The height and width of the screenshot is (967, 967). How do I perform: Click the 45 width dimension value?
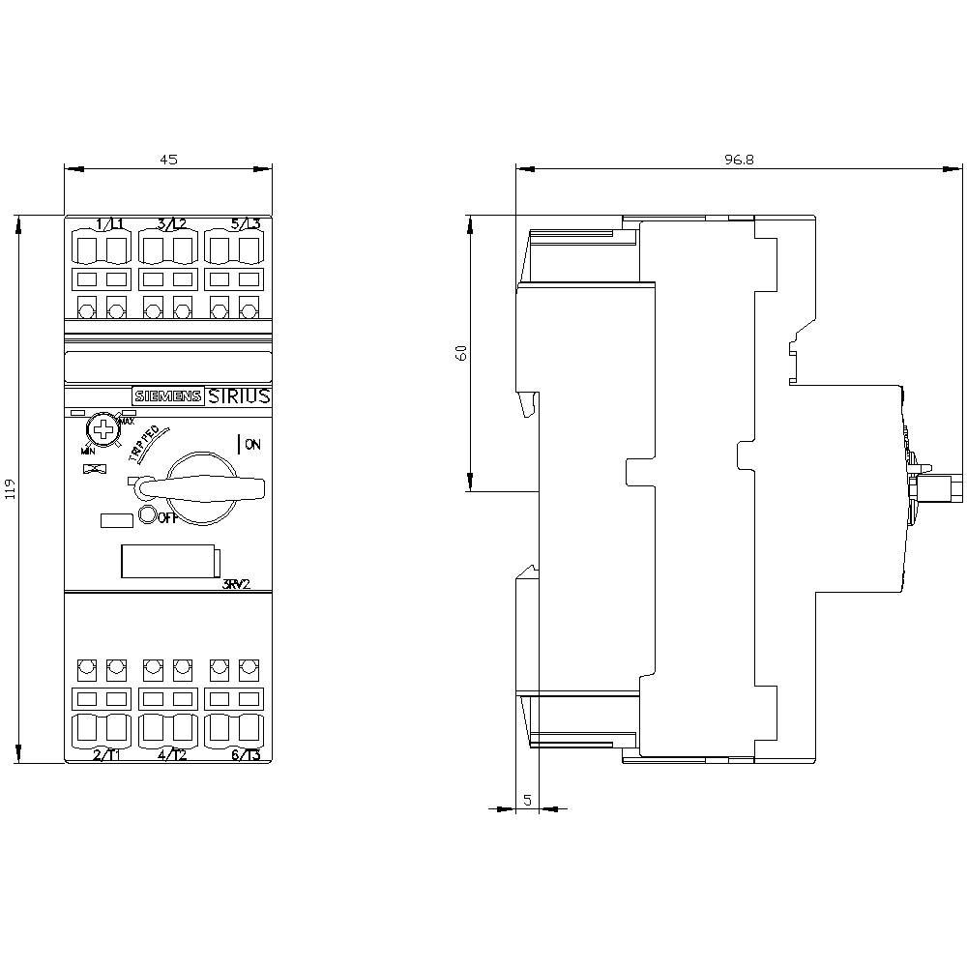pyautogui.click(x=168, y=161)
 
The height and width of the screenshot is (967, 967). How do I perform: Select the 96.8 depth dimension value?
pyautogui.click(x=739, y=161)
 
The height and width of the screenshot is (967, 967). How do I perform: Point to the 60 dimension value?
pyautogui.click(x=462, y=353)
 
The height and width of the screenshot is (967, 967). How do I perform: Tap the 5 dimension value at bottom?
pyautogui.click(x=527, y=800)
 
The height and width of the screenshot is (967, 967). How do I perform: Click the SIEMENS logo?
pyautogui.click(x=167, y=396)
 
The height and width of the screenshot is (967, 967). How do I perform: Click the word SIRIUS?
pyautogui.click(x=239, y=396)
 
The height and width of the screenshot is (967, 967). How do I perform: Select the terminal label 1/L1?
pyautogui.click(x=109, y=224)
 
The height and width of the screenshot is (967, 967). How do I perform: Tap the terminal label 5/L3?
pyautogui.click(x=246, y=224)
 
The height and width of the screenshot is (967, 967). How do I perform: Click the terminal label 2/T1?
pyautogui.click(x=106, y=755)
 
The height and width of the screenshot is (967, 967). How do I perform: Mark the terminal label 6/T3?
pyautogui.click(x=246, y=755)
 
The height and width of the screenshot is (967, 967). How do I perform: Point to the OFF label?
pyautogui.click(x=166, y=516)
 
